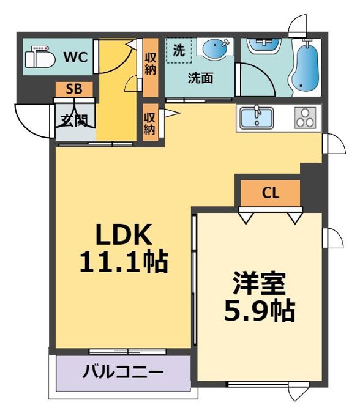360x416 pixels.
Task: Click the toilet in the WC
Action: pyautogui.click(x=40, y=57)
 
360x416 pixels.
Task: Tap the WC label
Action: pyautogui.click(x=76, y=57)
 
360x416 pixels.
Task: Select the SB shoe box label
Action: pyautogui.click(x=74, y=89)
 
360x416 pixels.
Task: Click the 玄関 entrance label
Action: pyautogui.click(x=74, y=121)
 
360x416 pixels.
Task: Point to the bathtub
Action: pyautogui.click(x=305, y=69)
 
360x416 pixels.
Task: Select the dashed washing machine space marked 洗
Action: pyautogui.click(x=179, y=50)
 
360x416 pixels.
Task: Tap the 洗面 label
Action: pyautogui.click(x=201, y=78)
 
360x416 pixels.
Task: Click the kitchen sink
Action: pyautogui.click(x=257, y=117)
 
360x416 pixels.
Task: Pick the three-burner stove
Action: pyautogui.click(x=305, y=118)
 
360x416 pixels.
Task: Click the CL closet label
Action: pyautogui.click(x=271, y=193)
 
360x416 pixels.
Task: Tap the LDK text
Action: pyautogui.click(x=124, y=234)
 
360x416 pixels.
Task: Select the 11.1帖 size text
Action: pyautogui.click(x=124, y=262)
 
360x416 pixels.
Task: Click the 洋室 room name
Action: pyautogui.click(x=260, y=283)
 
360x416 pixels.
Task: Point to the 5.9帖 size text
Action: pyautogui.click(x=260, y=310)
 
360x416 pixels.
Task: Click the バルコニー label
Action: pyautogui.click(x=123, y=372)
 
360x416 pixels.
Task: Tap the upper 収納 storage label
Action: pyautogui.click(x=150, y=64)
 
